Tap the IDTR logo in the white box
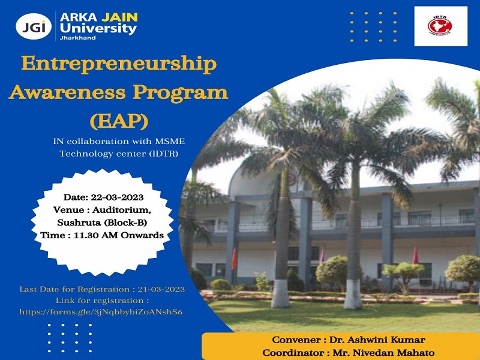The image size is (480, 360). pyautogui.click(x=440, y=26)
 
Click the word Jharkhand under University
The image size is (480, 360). pyautogui.click(x=77, y=38)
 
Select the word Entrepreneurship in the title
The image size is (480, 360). pyautogui.click(x=119, y=65)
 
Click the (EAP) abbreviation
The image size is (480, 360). pyautogui.click(x=118, y=121)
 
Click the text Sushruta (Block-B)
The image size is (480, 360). pyautogui.click(x=101, y=223)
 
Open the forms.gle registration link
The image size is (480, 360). pyautogui.click(x=101, y=312)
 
